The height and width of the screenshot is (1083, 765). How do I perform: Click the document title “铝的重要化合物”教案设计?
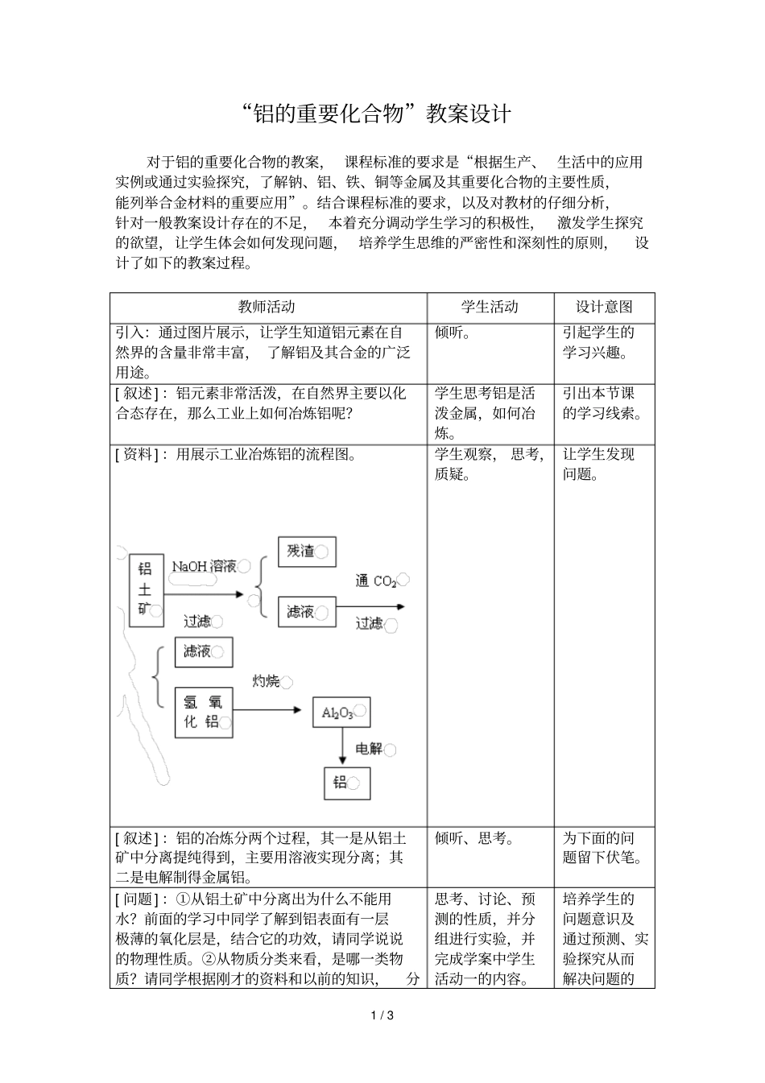[x=376, y=114]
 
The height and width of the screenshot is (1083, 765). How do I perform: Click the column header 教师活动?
[x=267, y=307]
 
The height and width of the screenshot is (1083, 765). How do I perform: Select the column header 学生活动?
[x=490, y=307]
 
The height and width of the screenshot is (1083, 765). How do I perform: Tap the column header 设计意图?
[x=604, y=307]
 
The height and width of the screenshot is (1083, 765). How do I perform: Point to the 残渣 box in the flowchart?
[x=306, y=552]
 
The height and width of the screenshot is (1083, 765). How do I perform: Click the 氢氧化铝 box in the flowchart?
[x=204, y=711]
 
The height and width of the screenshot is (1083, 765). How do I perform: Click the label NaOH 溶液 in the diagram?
[x=205, y=566]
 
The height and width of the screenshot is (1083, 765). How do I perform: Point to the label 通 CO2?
[x=377, y=581]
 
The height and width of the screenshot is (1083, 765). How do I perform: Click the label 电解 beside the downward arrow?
[x=370, y=749]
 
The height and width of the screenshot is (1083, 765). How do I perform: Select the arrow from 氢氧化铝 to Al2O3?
[x=271, y=710]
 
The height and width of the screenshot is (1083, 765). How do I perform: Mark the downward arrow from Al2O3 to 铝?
[x=342, y=747]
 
